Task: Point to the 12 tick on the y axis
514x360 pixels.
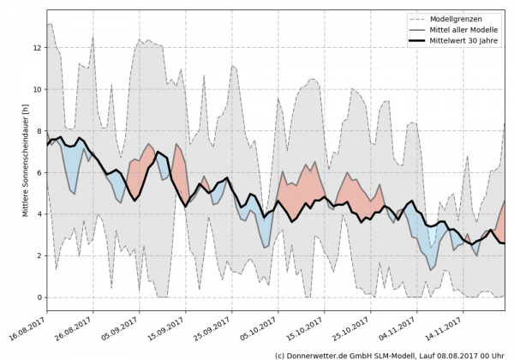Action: pos(37,47)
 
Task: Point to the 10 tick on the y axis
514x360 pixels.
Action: pos(37,89)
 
